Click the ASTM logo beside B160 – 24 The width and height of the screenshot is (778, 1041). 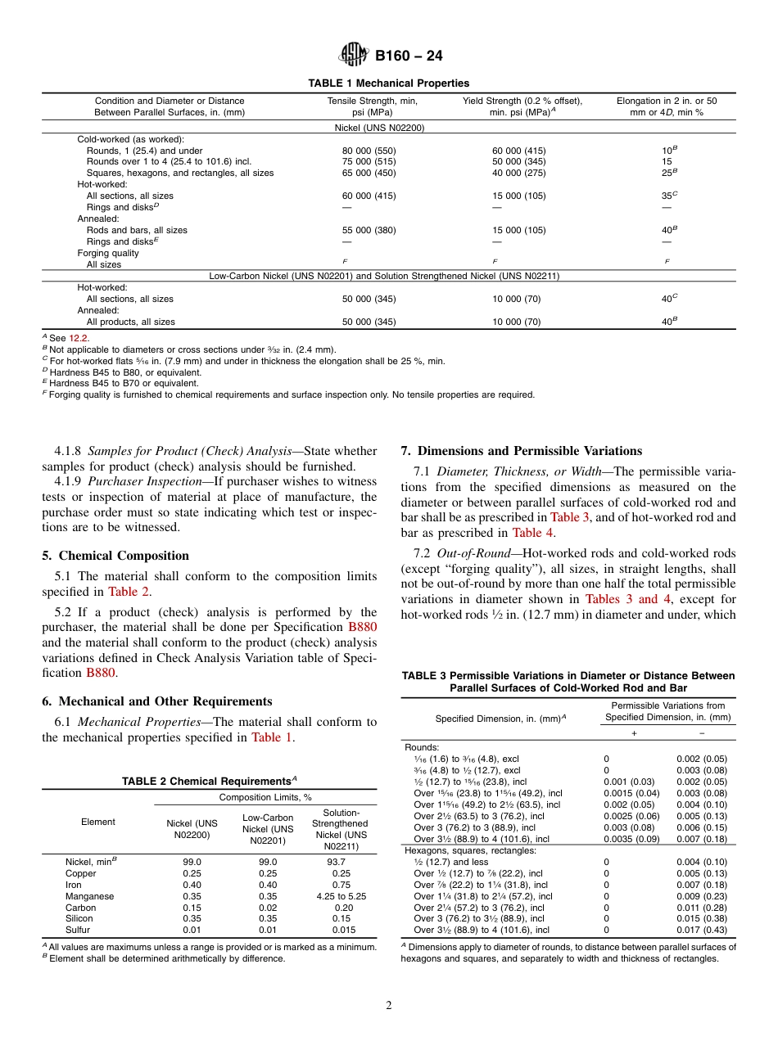tap(354, 56)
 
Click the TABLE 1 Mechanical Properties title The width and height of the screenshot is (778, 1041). tap(388, 83)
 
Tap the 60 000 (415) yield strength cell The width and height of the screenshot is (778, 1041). tap(518, 151)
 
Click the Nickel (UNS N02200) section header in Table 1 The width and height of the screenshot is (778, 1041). tap(379, 128)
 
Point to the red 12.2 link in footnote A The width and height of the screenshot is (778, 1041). tap(79, 338)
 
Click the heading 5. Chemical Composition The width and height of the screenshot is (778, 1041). tap(115, 556)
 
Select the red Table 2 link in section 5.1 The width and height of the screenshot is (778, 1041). tap(129, 591)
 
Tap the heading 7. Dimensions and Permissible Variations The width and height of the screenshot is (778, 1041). tap(521, 451)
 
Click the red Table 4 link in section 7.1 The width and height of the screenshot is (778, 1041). tap(532, 533)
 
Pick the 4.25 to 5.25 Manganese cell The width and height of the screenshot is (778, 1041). tap(339, 896)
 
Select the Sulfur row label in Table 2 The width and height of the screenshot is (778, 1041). tap(78, 930)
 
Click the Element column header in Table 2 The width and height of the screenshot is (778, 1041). tap(98, 822)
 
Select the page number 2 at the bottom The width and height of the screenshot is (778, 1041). tap(389, 1006)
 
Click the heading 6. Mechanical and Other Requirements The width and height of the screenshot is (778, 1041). tap(157, 701)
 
